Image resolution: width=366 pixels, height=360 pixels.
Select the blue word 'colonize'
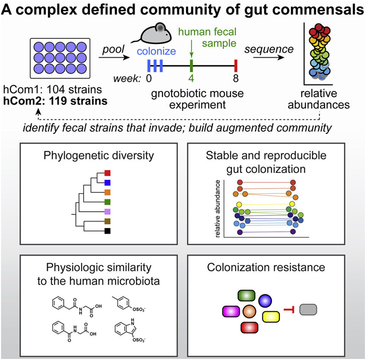click(154, 52)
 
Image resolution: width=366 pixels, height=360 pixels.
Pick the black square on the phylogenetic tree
click(107, 231)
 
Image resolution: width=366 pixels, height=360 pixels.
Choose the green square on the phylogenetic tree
click(107, 201)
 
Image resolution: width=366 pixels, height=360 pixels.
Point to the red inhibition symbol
click(289, 311)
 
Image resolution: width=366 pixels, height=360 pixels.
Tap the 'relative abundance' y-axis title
click(217, 210)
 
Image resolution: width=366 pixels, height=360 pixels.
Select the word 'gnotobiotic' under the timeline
click(167, 93)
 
